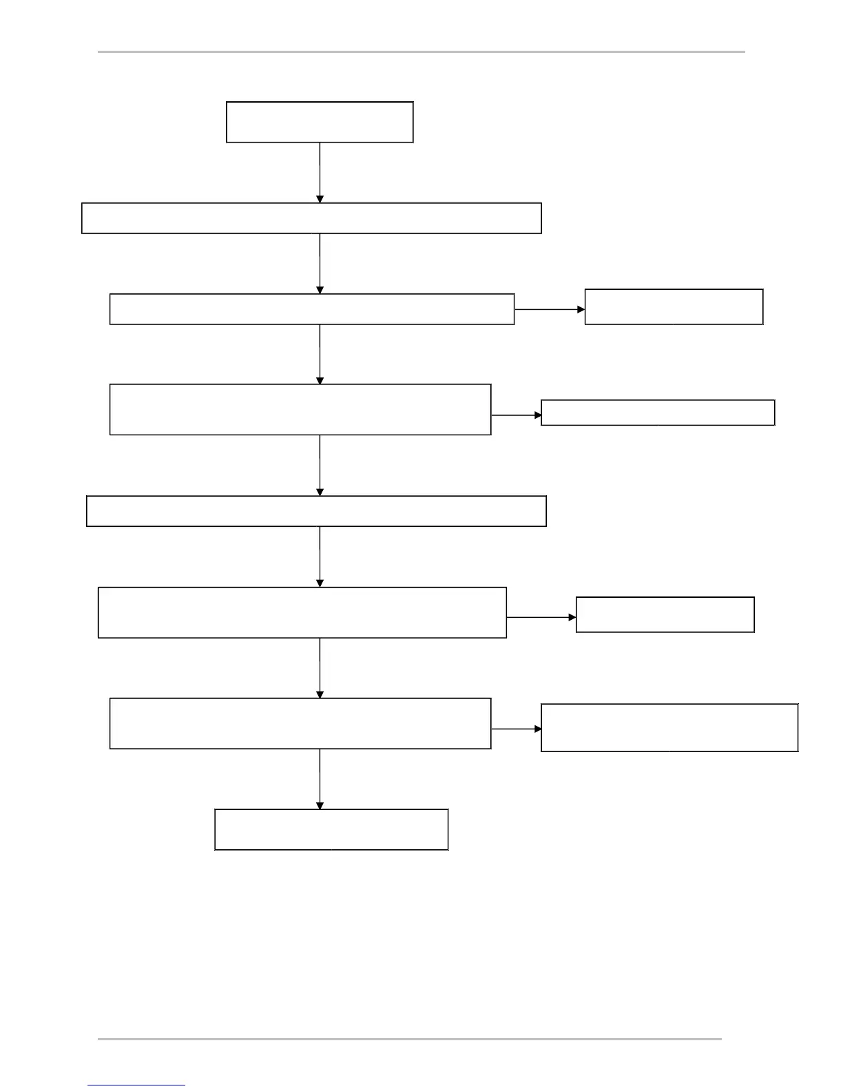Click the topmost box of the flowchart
[x=320, y=122]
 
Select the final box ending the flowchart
[x=331, y=829]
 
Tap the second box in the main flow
[x=311, y=218]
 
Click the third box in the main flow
[x=312, y=309]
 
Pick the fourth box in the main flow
[x=300, y=409]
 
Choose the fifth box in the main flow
[x=316, y=511]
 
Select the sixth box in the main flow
[x=302, y=612]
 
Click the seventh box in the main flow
[x=300, y=723]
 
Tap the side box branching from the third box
[x=674, y=306]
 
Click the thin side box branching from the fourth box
[x=658, y=413]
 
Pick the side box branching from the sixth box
[x=665, y=614]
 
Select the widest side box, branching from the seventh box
[x=669, y=727]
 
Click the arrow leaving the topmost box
[x=320, y=172]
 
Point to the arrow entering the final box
[x=320, y=779]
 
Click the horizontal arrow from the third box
[x=550, y=310]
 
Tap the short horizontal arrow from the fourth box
[x=517, y=415]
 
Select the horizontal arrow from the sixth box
[x=541, y=618]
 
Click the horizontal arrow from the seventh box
[x=517, y=729]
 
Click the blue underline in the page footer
[x=136, y=1085]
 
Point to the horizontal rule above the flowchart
[x=421, y=51]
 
